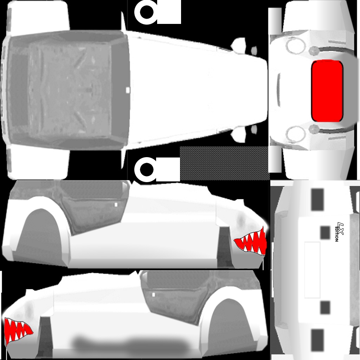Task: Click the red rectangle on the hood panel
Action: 327,91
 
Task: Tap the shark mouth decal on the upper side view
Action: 251,243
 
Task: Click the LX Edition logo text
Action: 339,232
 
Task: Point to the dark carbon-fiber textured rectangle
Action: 224,163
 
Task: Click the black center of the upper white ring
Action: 147,12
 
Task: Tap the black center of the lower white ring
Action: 147,170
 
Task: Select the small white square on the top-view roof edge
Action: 128,90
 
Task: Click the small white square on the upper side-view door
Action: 116,205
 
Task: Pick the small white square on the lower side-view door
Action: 154,295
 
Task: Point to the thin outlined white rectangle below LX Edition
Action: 312,270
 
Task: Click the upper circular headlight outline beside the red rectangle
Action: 295,45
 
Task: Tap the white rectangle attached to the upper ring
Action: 169,12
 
